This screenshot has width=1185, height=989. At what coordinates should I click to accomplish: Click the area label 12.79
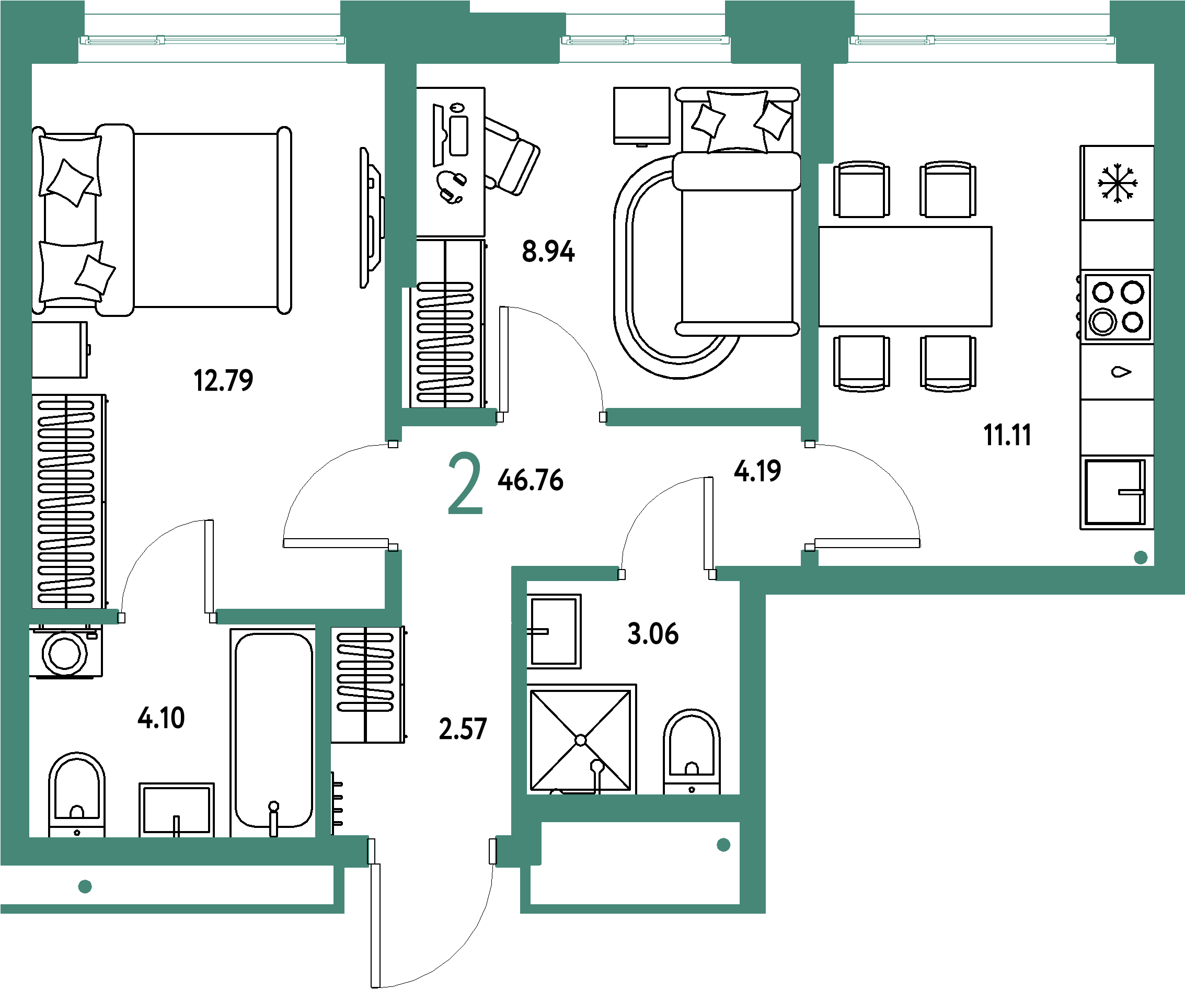click(x=223, y=380)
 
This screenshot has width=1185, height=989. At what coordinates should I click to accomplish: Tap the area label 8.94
click(x=548, y=251)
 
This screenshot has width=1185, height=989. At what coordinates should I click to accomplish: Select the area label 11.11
click(x=1007, y=435)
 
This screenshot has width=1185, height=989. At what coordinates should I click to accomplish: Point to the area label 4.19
click(x=757, y=471)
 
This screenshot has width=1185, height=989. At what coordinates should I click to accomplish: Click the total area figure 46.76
click(x=531, y=480)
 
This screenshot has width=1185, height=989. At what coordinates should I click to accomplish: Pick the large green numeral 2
click(x=465, y=483)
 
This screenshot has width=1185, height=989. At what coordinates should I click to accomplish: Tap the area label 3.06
click(x=653, y=633)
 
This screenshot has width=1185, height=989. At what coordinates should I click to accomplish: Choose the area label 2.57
click(x=463, y=729)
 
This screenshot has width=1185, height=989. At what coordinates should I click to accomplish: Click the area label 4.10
click(x=162, y=718)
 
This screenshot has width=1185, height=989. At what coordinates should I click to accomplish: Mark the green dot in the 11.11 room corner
click(x=1141, y=558)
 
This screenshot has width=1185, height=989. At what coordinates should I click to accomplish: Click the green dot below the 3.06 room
click(x=723, y=845)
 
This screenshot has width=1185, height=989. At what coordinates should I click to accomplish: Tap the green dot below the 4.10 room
click(x=85, y=886)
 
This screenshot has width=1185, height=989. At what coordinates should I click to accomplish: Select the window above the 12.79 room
click(x=212, y=40)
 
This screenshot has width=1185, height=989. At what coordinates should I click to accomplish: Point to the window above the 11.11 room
click(x=982, y=40)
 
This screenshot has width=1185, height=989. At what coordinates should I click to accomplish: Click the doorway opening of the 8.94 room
click(x=551, y=417)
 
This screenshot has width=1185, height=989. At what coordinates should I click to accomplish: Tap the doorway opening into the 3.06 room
click(x=667, y=574)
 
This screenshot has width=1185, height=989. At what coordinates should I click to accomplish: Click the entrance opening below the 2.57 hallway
click(x=432, y=851)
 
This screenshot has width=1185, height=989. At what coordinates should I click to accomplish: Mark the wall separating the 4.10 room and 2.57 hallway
click(x=323, y=731)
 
